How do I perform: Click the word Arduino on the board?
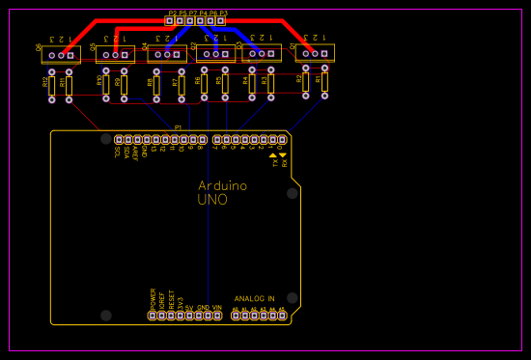(222, 185)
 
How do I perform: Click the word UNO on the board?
(212, 200)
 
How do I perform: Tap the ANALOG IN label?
(254, 298)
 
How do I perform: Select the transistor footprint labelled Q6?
(61, 54)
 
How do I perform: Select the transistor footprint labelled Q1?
(315, 53)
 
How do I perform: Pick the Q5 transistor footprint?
(115, 54)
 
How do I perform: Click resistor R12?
(51, 85)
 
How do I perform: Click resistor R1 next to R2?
(324, 83)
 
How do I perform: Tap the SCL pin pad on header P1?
(118, 140)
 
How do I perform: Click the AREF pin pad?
(135, 140)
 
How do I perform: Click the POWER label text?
(153, 297)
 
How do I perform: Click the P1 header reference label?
(178, 127)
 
